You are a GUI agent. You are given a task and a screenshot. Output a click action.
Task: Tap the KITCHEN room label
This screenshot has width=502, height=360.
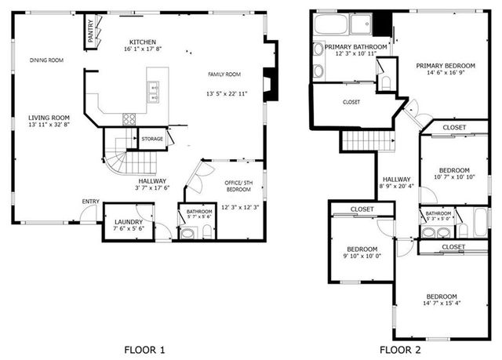(144, 42)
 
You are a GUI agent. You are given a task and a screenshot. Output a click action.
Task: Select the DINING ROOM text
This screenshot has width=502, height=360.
(47, 60)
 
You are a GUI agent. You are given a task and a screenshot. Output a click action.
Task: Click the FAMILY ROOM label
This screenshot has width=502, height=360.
(224, 75)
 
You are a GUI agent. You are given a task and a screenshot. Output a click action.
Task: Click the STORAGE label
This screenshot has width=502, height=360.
(153, 139)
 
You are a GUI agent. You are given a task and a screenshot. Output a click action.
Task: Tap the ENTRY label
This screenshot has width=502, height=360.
(91, 202)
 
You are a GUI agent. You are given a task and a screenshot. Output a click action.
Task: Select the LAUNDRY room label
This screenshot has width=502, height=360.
(129, 222)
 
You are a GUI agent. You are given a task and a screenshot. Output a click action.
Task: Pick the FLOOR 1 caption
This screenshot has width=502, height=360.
(144, 349)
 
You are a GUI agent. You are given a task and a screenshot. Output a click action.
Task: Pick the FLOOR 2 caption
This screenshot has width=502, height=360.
(400, 349)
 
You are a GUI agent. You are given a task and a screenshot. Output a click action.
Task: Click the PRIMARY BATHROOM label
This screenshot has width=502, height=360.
(356, 47)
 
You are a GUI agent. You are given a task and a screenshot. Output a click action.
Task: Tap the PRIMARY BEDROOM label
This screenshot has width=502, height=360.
(446, 66)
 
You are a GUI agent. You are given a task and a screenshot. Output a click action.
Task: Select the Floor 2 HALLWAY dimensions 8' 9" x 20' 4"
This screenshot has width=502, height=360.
(397, 187)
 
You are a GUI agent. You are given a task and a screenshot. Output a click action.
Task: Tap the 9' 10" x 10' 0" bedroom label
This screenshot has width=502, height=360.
(362, 252)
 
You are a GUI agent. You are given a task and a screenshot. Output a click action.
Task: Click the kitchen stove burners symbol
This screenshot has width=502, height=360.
(129, 119)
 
